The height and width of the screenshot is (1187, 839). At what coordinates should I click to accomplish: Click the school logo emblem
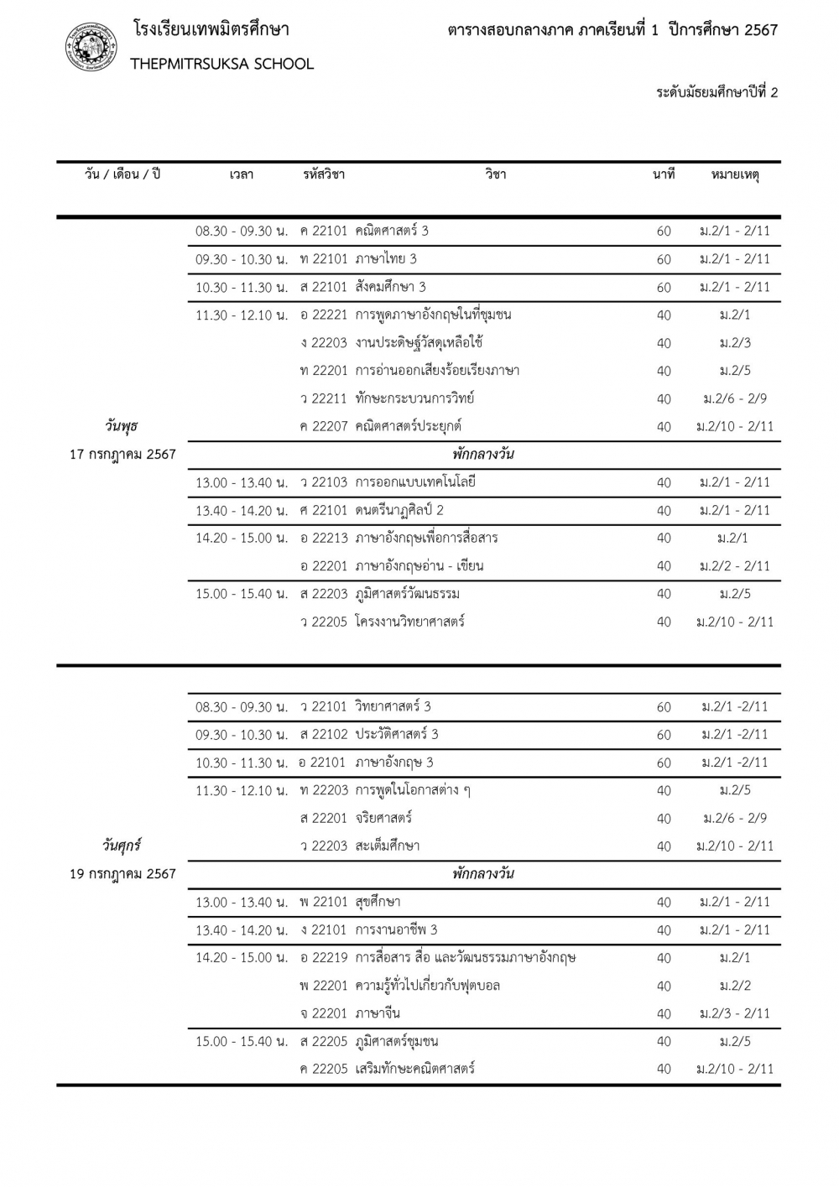[91, 47]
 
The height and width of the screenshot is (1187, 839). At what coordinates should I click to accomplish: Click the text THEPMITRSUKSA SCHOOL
[221, 64]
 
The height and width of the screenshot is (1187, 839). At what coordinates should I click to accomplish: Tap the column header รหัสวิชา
[323, 174]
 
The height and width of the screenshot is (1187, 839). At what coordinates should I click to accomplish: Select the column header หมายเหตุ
[734, 174]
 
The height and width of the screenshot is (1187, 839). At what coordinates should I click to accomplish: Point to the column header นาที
[664, 174]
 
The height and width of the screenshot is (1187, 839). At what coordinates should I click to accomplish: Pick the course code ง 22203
[323, 342]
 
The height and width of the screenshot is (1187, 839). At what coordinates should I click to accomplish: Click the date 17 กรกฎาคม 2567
[122, 454]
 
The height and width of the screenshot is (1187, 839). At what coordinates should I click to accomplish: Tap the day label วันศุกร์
[122, 845]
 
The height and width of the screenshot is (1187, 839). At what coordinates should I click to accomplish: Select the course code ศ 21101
[323, 510]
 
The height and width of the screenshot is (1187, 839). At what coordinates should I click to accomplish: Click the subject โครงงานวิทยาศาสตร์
[409, 622]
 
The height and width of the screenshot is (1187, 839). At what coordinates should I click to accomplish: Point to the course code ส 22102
[323, 734]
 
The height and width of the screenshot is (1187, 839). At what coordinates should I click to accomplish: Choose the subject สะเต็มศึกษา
[387, 846]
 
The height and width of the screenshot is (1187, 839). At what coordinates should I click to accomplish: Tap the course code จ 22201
[323, 1013]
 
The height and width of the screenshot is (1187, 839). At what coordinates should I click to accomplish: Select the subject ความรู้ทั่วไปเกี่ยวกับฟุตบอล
[427, 985]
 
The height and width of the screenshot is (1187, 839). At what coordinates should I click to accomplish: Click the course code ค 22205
[323, 1069]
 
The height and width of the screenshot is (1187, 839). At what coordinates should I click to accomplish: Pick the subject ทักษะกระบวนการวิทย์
[414, 398]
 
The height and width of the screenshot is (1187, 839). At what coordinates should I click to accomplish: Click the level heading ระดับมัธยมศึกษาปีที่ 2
[717, 92]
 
